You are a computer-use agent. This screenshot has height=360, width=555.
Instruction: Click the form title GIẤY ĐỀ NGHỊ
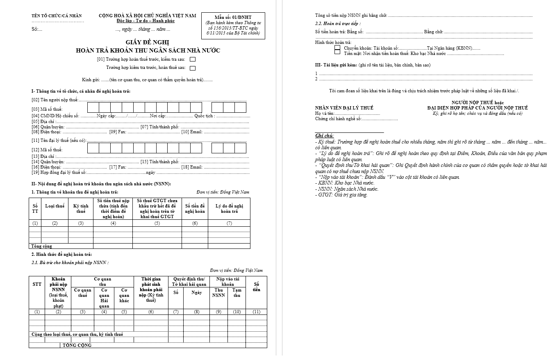(147, 42)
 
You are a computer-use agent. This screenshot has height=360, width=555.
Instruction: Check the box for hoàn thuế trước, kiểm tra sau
(193, 59)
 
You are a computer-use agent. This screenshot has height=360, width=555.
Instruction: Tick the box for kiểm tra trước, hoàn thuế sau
(193, 68)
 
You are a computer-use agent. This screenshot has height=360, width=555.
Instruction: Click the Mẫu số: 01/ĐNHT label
(233, 17)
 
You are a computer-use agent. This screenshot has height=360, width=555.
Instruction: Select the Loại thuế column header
(55, 206)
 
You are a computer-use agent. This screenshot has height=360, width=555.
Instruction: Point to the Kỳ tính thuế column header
(81, 209)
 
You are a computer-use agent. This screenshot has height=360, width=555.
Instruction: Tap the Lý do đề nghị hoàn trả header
(229, 208)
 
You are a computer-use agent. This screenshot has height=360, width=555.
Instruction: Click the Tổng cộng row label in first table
(42, 246)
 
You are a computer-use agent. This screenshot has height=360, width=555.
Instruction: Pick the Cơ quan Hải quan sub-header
(104, 298)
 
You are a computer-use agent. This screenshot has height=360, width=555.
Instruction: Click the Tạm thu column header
(237, 292)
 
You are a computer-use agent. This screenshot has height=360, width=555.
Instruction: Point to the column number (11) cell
(257, 312)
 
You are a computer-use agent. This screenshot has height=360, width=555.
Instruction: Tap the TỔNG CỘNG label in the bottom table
(77, 345)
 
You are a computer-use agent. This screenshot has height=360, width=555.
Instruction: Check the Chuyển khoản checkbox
(337, 48)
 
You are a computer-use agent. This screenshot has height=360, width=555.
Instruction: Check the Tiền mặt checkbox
(337, 53)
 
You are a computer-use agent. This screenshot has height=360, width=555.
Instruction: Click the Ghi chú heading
(324, 136)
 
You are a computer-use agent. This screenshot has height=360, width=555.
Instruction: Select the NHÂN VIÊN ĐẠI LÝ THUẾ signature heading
(344, 108)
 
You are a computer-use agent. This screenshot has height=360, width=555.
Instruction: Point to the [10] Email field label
(192, 132)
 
